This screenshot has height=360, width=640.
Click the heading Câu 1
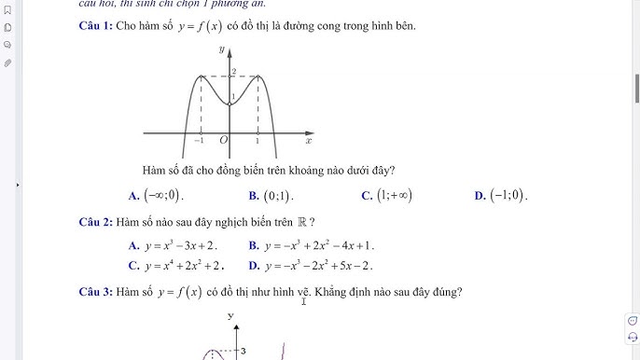point(96,25)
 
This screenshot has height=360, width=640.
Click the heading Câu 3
point(96,293)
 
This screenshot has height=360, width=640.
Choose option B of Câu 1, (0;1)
point(278,196)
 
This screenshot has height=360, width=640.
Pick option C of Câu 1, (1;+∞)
point(394,196)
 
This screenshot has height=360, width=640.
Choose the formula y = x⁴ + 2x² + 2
point(184,266)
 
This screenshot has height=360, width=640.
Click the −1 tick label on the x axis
point(199,140)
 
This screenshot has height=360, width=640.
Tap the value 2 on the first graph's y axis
point(233,72)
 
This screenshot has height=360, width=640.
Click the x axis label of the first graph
point(308,140)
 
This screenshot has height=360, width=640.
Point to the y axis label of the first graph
point(221,47)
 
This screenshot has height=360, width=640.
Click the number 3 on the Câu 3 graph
point(243,351)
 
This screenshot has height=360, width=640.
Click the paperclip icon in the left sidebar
point(7,62)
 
